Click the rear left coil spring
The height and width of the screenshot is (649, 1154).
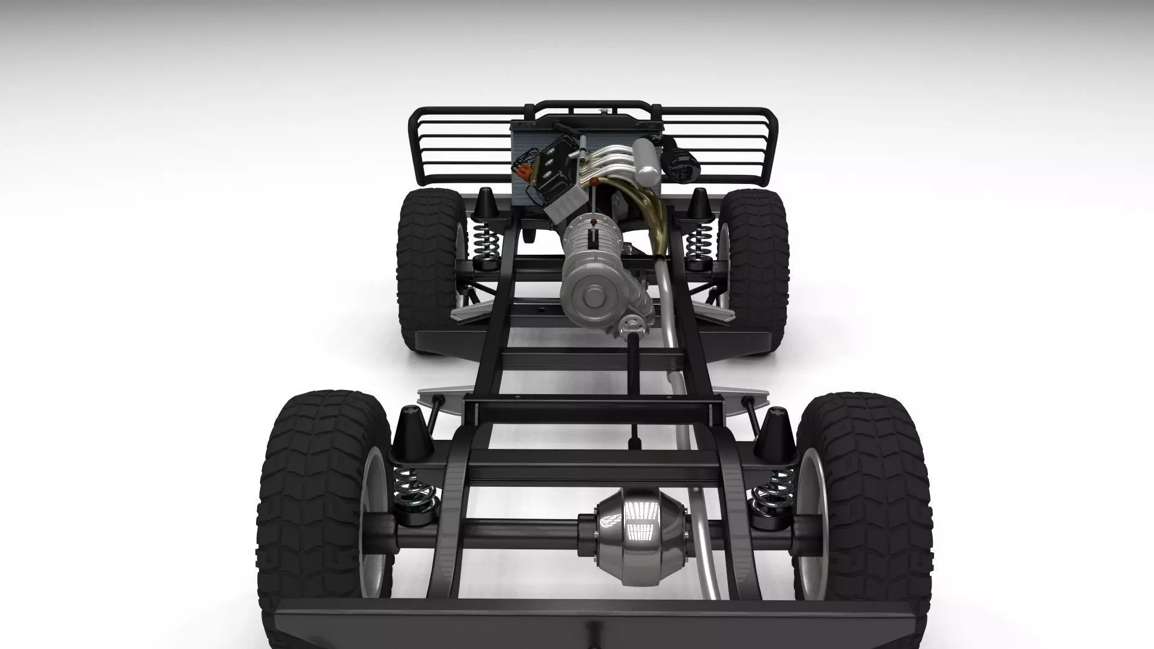[x=412, y=490]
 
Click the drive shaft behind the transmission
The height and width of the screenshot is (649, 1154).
[x=634, y=385]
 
